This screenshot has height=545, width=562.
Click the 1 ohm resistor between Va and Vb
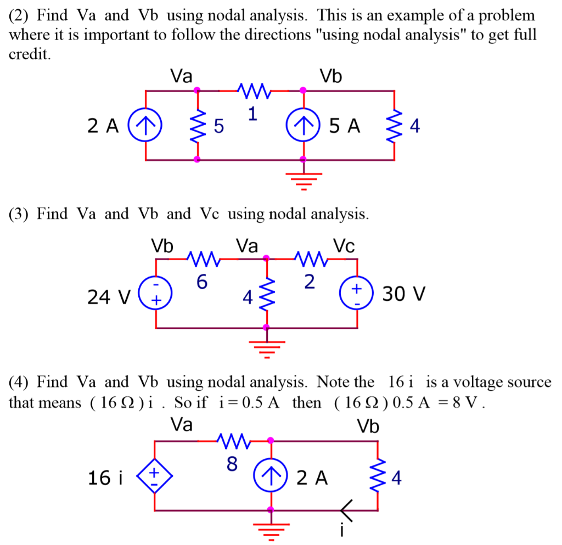(x=252, y=90)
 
